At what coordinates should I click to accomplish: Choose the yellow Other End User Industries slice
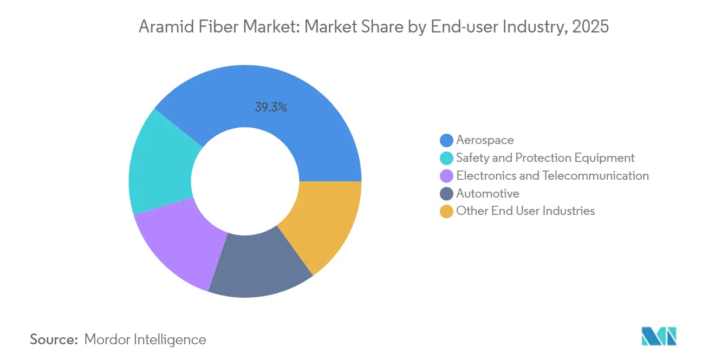tap(325, 222)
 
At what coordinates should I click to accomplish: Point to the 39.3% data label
tap(271, 107)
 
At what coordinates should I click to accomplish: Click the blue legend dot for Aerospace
tap(446, 140)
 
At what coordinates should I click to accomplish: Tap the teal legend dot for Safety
tap(446, 158)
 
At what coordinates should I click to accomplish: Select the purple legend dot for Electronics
tap(446, 176)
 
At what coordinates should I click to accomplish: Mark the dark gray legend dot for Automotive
tap(446, 194)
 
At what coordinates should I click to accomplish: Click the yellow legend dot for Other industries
tap(446, 211)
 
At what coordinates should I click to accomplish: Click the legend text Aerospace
tap(485, 140)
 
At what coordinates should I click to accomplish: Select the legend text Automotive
tap(487, 193)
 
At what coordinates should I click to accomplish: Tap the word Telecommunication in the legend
tap(596, 175)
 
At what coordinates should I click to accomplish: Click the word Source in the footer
tap(54, 339)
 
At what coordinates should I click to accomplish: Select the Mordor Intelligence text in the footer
tap(145, 339)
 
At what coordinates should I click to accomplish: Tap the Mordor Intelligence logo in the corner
tap(659, 336)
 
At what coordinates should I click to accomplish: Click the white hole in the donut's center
tap(245, 181)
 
